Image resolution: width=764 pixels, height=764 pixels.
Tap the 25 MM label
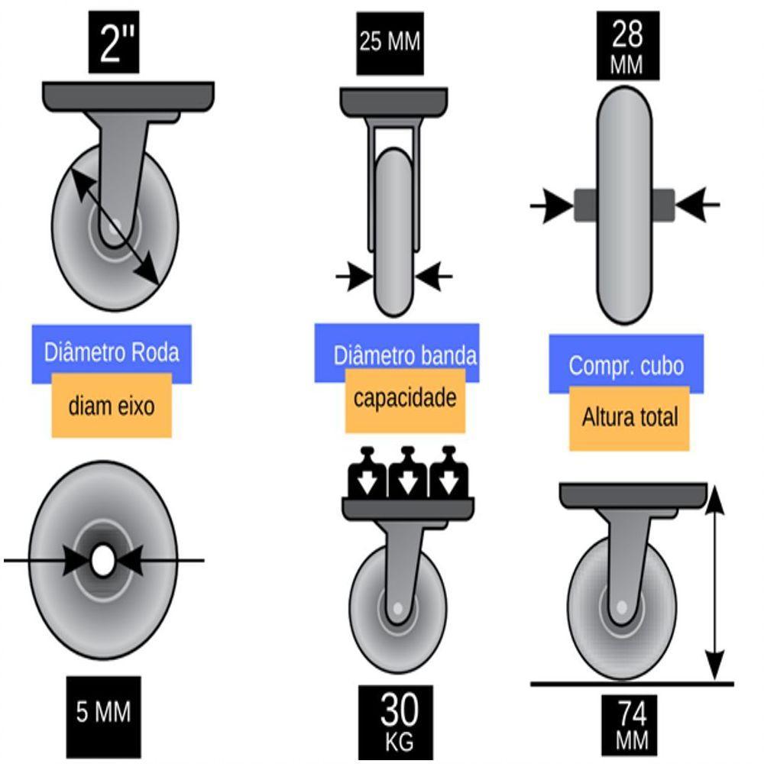(390, 41)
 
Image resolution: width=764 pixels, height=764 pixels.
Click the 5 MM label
(104, 712)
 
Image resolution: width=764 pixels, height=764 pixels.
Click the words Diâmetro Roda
(112, 353)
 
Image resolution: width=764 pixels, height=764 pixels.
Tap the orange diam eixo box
(112, 406)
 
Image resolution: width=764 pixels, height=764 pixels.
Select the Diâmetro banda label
(405, 355)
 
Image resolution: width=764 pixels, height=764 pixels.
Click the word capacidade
(405, 398)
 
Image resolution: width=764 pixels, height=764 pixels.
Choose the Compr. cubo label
(626, 365)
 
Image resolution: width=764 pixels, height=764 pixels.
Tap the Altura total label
(630, 418)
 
